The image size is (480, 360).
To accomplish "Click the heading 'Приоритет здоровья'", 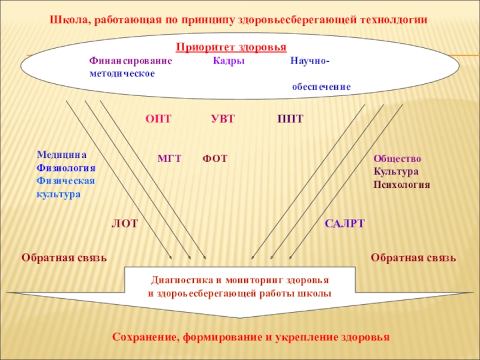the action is (231, 47).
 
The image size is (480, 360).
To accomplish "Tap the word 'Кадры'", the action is (229, 61).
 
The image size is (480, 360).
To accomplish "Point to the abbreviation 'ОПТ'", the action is (158, 119).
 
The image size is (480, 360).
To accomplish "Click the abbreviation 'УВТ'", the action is (223, 119).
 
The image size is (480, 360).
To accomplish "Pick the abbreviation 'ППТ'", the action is (290, 119).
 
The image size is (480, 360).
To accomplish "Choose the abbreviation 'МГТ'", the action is (169, 159).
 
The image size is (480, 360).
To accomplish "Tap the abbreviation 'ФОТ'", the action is (215, 159).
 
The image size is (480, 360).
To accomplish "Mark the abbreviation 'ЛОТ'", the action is (125, 224).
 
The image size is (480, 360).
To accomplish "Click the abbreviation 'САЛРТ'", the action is (345, 224).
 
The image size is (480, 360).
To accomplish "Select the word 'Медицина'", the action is (62, 154).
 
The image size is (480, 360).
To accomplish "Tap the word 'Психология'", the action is (402, 185).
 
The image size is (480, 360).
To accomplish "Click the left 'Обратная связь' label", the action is (64, 258).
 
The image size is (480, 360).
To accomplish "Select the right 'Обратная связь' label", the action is (413, 258).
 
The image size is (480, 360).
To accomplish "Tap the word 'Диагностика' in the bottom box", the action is (179, 280).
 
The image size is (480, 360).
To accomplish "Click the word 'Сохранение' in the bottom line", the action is (143, 337).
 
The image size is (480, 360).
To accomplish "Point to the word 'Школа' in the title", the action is (69, 20).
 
